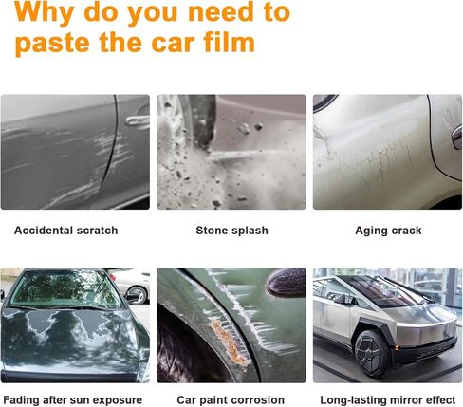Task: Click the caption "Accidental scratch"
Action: point(66,231)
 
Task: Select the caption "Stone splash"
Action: point(231,231)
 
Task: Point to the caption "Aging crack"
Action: point(388,231)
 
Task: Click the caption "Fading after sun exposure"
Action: point(73,400)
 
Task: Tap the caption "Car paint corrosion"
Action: point(231,400)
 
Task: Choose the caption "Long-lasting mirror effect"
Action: point(388,400)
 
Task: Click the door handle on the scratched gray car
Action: point(138,121)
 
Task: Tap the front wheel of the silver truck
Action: point(372,354)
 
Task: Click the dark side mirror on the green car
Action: point(286,283)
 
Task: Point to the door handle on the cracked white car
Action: point(456,137)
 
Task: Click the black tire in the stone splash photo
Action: point(201,121)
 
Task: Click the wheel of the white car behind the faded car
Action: point(137,295)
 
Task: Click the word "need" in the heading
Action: point(221,12)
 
